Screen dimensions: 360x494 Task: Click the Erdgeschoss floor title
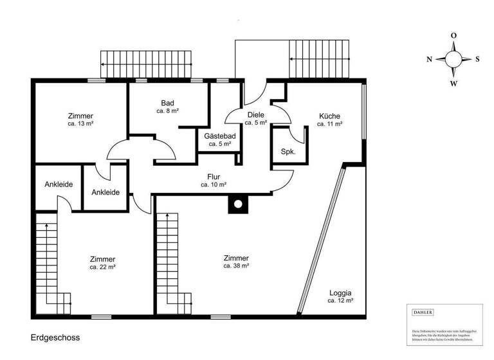coord(55,337)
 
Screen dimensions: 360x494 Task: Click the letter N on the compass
coord(429,59)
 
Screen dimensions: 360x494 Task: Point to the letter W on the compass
coord(453,84)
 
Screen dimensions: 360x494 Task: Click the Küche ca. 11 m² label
coord(329,120)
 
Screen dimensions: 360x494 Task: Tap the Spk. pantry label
coord(288,152)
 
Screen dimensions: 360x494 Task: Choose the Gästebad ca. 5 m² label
coord(219,140)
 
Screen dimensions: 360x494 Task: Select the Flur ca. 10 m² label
coord(214,180)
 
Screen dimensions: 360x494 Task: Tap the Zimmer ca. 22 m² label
coord(103,262)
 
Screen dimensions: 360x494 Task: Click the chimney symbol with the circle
coord(237,204)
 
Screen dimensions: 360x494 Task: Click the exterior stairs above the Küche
coord(320,58)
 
